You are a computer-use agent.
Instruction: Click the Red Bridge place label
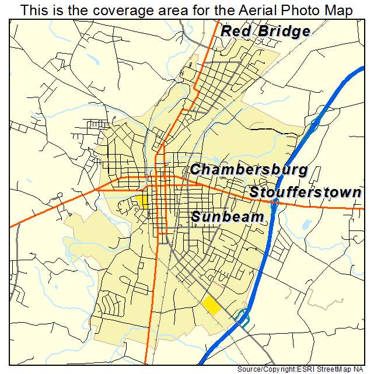pos(265,32)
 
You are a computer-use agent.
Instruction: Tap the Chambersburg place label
pos(249,170)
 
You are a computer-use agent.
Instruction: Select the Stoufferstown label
pos(306,193)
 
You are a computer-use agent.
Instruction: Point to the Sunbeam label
pos(228,217)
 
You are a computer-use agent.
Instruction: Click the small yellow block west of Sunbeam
pos(141,201)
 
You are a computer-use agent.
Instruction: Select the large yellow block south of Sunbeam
pos(211,305)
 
